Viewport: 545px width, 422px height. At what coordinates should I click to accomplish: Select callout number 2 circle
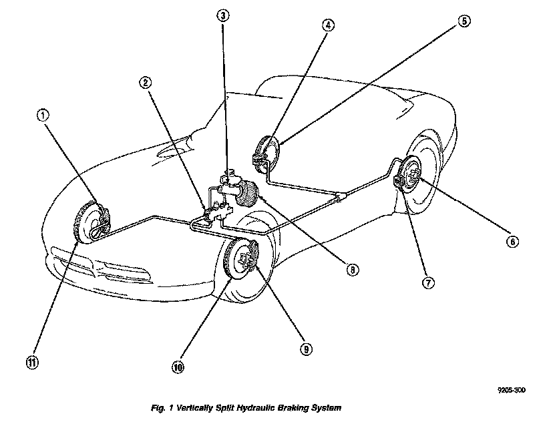(x=145, y=82)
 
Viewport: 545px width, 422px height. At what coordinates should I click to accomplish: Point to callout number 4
(x=327, y=25)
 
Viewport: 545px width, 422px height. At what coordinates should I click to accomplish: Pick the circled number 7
(x=428, y=282)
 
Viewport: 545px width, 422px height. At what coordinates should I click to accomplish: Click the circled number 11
(x=31, y=363)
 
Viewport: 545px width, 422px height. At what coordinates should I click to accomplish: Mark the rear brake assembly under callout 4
(x=267, y=154)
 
